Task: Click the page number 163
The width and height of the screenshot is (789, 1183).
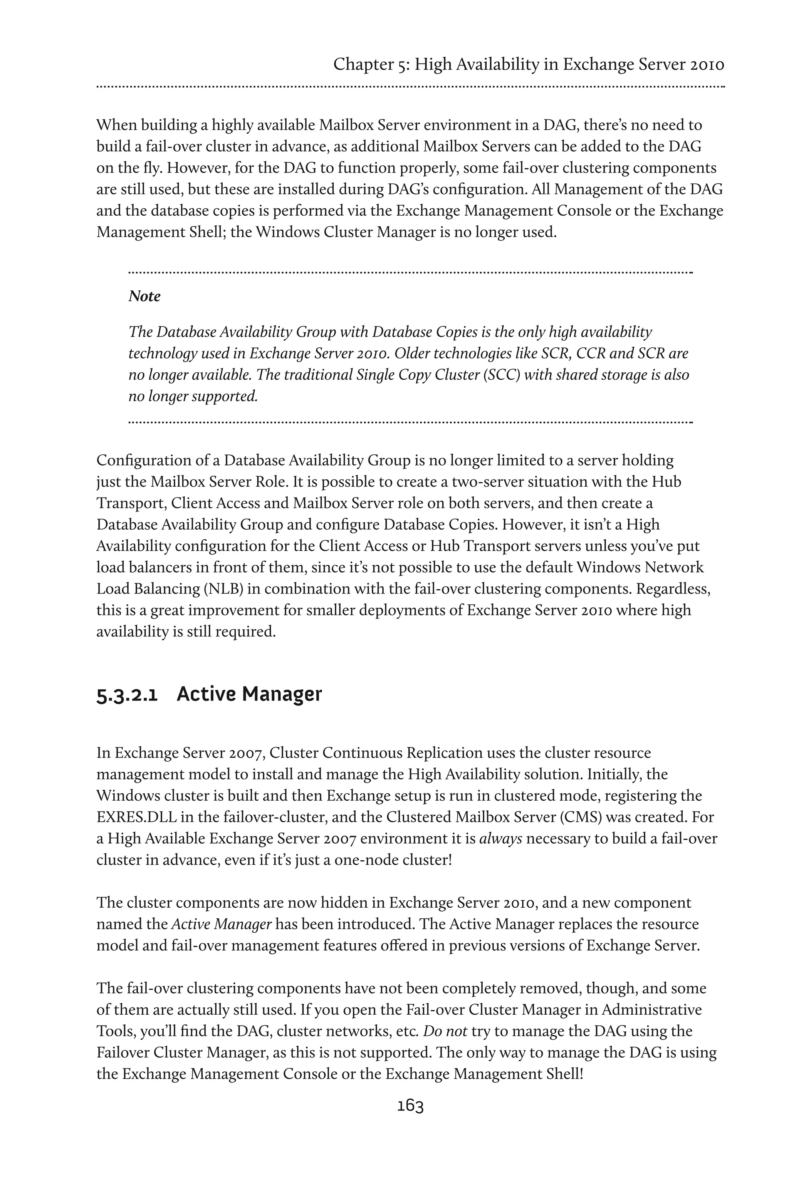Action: click(410, 1106)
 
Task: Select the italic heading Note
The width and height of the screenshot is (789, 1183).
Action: click(144, 296)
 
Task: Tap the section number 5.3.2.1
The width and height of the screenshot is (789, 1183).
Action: click(127, 695)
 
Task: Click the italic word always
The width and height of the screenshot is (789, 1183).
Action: click(500, 838)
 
